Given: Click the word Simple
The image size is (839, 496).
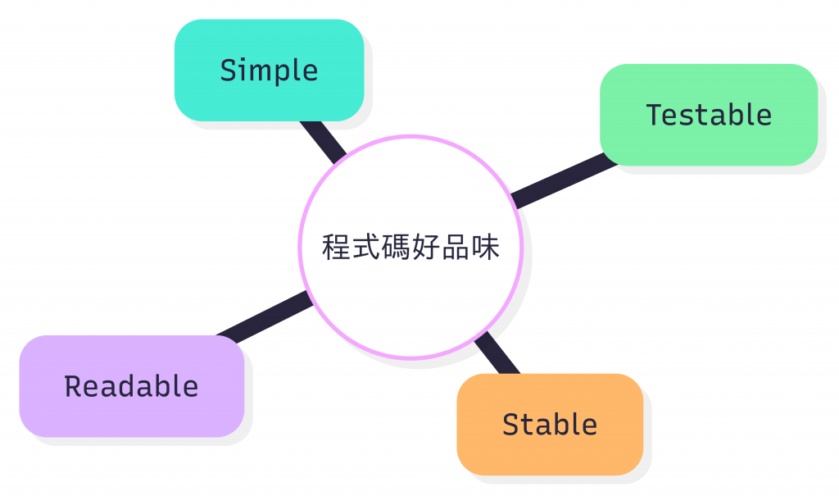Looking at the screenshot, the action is (x=269, y=71).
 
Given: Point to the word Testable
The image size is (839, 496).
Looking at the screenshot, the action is (x=709, y=115).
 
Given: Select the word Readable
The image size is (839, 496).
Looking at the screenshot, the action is (x=131, y=386).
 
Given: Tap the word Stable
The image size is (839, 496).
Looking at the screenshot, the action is (x=550, y=425).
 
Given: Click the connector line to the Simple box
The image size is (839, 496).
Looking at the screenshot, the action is (x=323, y=141).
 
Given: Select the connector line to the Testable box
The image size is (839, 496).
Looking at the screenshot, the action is (x=564, y=180).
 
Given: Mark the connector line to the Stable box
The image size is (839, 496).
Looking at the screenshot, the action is (x=497, y=354).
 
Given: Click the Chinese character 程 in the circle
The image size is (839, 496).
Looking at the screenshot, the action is (x=337, y=248).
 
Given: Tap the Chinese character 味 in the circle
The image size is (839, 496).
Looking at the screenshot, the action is (x=484, y=248).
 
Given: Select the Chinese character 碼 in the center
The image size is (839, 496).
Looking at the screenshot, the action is (x=396, y=248).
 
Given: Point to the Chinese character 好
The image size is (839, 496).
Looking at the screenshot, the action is (x=425, y=248).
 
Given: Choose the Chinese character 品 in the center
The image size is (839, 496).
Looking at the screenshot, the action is (x=455, y=248).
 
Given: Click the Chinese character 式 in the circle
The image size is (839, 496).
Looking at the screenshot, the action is (x=366, y=248).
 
